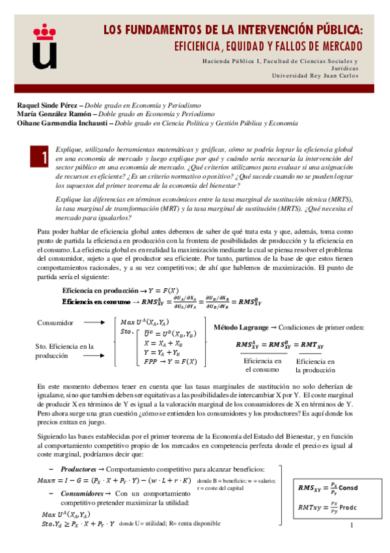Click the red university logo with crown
45,46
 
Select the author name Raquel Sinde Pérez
45,105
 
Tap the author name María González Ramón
50,113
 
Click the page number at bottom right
351,526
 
